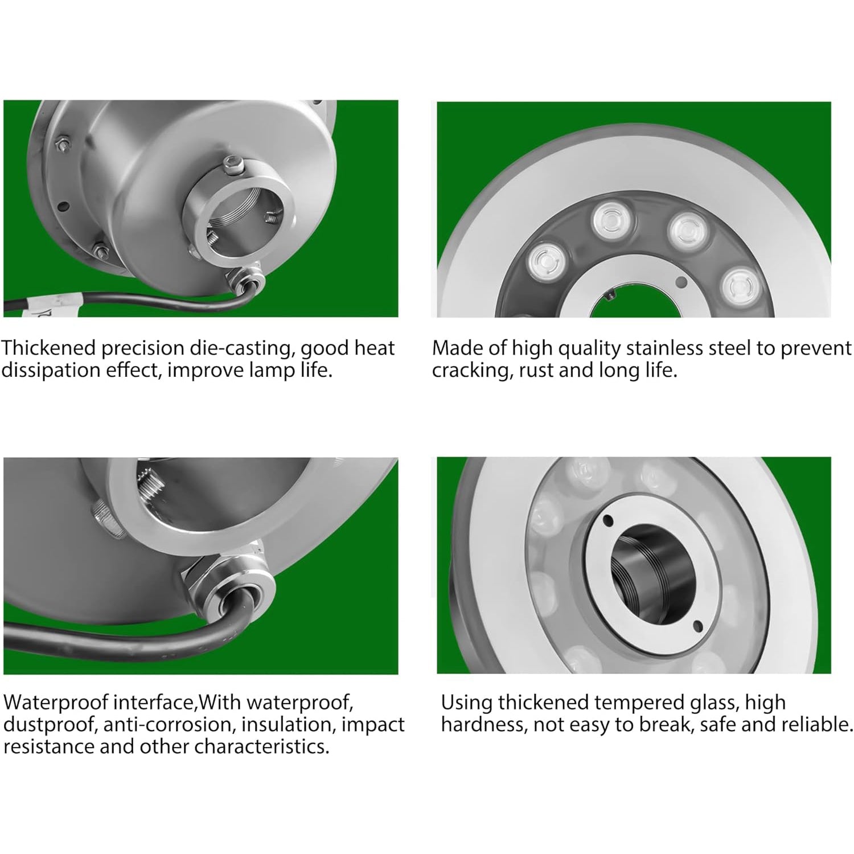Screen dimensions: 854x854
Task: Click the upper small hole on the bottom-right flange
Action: (x=607, y=520)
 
